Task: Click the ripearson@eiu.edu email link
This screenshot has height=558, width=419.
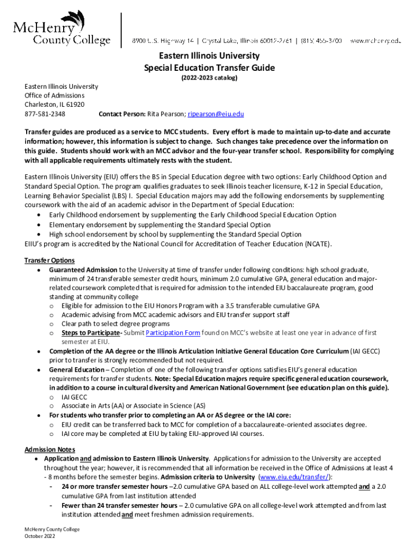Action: tap(215, 114)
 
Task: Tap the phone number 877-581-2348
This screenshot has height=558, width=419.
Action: tap(45, 114)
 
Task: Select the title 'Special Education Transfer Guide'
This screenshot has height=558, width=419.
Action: tap(209, 68)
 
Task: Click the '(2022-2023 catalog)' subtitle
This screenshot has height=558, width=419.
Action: tap(209, 78)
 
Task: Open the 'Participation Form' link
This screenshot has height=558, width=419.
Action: tap(173, 333)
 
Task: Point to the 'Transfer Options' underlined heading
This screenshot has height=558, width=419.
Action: tap(50, 260)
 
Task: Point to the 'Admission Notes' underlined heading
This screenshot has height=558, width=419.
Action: tap(50, 450)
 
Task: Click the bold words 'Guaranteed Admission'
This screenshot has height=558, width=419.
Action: tap(83, 270)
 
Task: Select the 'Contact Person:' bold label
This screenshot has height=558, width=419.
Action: tap(121, 114)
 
